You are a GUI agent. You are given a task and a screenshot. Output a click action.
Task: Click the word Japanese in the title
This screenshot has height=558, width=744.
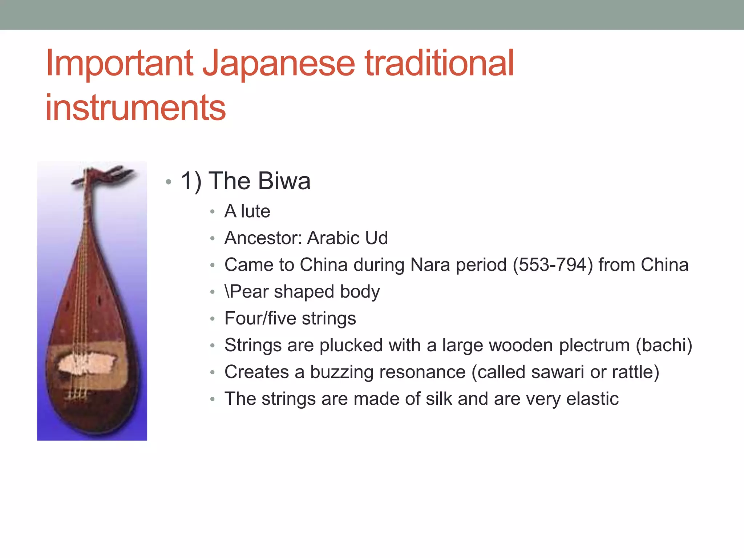(x=278, y=64)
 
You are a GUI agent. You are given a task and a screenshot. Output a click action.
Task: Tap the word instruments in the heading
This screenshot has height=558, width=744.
(x=136, y=108)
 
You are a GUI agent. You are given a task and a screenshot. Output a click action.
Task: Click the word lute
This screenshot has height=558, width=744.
(x=255, y=211)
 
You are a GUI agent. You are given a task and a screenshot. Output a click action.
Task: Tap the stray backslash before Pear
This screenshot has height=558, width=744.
(x=227, y=291)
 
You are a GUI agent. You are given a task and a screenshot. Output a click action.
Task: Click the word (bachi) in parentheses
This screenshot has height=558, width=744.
(x=664, y=345)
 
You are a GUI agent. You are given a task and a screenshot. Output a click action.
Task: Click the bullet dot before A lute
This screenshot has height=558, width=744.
(x=213, y=212)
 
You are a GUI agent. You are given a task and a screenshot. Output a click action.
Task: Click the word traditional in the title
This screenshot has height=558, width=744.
(x=439, y=64)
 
